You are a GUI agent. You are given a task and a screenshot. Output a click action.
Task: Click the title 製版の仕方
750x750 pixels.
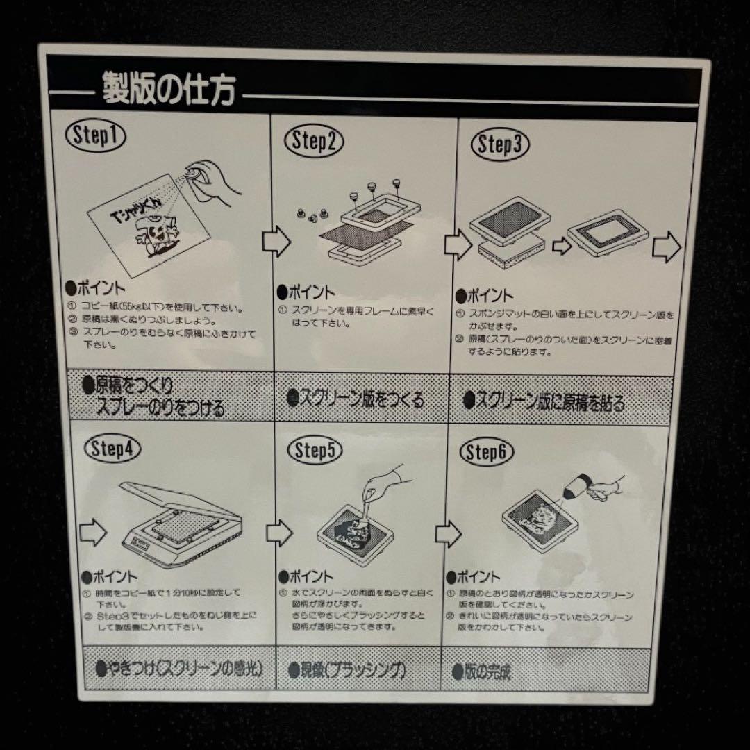(168, 88)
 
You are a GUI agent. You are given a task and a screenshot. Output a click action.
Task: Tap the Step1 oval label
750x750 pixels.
(95, 136)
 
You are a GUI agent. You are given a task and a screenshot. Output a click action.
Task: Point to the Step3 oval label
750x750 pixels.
(500, 145)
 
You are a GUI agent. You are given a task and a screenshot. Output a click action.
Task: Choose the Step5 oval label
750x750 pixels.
(314, 451)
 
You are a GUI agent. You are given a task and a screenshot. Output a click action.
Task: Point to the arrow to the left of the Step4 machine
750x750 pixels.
(92, 533)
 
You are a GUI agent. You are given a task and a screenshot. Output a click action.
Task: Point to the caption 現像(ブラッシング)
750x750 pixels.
(347, 671)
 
